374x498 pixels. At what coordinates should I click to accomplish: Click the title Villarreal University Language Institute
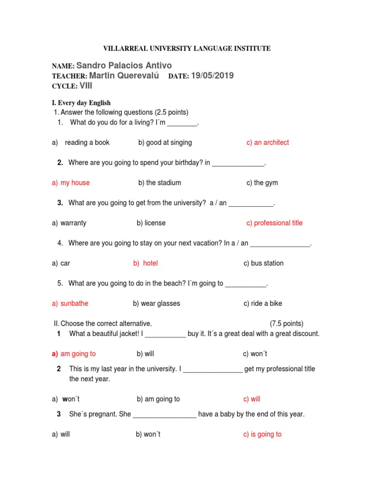point(187,49)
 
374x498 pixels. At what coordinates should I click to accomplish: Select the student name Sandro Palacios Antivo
point(124,65)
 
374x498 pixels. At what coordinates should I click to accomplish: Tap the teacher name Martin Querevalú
point(124,76)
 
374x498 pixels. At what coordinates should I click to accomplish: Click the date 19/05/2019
point(212,76)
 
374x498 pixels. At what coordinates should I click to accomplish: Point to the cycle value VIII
point(86,86)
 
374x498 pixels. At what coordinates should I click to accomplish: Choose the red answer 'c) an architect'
point(267,142)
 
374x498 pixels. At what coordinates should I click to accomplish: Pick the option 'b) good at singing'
point(165,142)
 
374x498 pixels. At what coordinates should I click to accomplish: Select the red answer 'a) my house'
point(71,183)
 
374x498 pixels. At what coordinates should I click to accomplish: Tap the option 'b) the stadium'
point(159,183)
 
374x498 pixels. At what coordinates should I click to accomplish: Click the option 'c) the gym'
point(262,183)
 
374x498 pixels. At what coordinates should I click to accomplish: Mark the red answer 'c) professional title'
point(274,223)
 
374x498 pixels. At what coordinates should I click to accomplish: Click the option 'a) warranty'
point(69,223)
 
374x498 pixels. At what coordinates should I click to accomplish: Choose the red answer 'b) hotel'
point(145,263)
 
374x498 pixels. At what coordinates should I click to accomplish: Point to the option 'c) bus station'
point(263,263)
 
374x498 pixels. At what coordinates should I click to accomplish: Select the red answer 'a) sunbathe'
point(70,303)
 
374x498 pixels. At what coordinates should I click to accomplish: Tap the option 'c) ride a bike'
point(263,303)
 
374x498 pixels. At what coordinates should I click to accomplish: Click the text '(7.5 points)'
point(286,323)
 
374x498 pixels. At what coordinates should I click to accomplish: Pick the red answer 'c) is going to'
point(262,434)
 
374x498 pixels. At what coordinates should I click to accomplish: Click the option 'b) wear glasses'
point(156,303)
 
